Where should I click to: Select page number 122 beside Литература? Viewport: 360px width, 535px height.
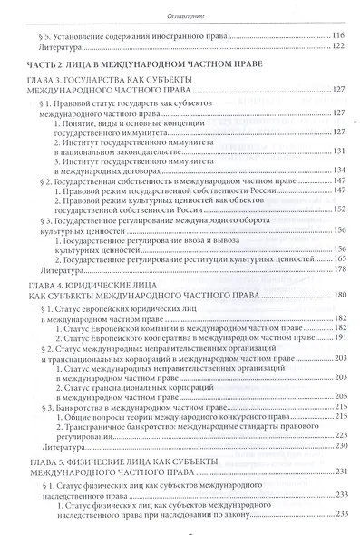pos(339,47)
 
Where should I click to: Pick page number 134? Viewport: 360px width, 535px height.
pos(339,170)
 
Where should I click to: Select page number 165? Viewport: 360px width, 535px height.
pos(339,259)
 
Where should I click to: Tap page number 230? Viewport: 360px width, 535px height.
pos(339,447)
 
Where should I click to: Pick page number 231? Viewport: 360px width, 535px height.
pos(339,472)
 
